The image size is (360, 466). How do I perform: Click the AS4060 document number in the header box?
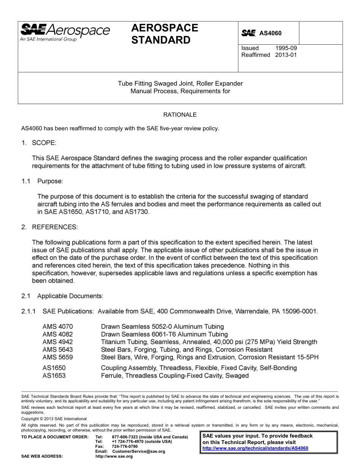click(270, 33)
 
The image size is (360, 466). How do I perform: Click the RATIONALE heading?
click(180, 114)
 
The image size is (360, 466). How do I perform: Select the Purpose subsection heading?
click(50, 181)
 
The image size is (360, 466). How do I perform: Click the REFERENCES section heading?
click(55, 227)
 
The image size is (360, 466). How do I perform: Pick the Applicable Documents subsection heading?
click(70, 296)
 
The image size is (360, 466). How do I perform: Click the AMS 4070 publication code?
click(58, 327)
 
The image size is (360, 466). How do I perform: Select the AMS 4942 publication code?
click(58, 342)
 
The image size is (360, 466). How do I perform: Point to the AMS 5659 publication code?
click(58, 357)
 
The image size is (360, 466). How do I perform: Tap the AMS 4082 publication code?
click(58, 334)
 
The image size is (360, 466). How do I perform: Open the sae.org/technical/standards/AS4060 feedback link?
click(255, 448)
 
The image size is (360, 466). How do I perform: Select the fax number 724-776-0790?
click(125, 446)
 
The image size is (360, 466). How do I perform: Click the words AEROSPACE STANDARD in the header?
click(164, 34)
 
